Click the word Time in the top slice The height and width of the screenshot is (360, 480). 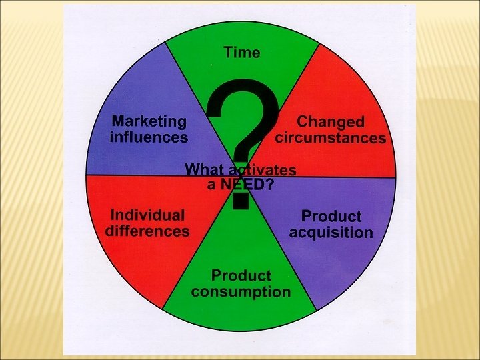point(241,52)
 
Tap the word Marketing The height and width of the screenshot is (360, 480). point(149,121)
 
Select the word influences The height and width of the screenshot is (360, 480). point(149,138)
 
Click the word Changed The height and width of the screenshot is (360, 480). point(331,122)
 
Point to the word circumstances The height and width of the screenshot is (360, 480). point(331,139)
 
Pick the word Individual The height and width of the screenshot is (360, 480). point(147,215)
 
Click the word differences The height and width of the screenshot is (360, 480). point(147,231)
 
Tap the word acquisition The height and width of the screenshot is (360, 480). point(331,233)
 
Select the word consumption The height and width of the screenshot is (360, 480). point(240,292)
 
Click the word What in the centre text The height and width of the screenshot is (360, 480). point(203,169)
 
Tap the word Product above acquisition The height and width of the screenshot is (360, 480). point(331,217)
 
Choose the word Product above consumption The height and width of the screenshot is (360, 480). point(241,275)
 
